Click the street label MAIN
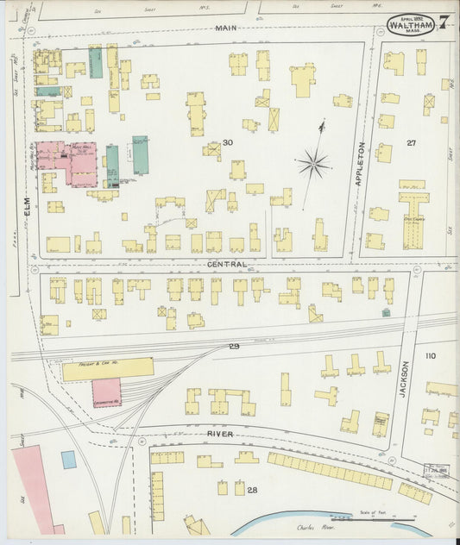226,28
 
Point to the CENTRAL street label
227,264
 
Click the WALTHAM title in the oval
410,24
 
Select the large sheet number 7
442,22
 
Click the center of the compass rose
314,161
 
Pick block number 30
228,142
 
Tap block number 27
412,142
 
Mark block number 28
252,490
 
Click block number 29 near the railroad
234,346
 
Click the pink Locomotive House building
106,392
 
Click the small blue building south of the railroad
68,460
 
